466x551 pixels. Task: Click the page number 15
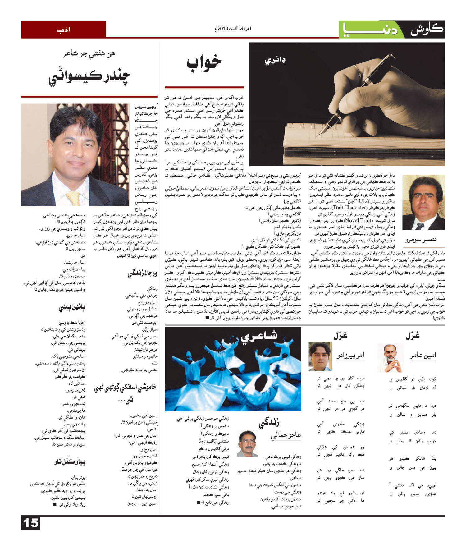31,523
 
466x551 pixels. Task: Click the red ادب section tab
63,30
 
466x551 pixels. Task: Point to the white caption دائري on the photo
275,60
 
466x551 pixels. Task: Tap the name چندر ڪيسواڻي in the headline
89,77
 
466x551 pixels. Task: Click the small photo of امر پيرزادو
320,356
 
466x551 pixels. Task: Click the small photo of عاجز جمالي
248,443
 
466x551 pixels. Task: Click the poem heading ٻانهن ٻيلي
72,308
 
